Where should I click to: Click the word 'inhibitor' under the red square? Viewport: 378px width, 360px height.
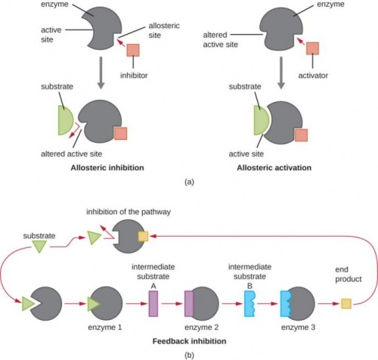coord(134,76)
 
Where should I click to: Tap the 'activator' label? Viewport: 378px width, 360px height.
coord(313,76)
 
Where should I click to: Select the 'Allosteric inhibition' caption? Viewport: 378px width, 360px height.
coord(107,168)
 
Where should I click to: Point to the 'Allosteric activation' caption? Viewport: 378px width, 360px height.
coord(274,168)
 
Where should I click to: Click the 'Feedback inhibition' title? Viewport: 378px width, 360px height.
coord(189,341)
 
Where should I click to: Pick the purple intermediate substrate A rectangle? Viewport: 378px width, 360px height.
coord(153,303)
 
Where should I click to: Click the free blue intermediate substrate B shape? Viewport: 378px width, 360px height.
coord(249,303)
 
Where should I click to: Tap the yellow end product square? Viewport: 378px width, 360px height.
coord(346,304)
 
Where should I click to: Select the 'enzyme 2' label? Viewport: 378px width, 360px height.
coord(201,327)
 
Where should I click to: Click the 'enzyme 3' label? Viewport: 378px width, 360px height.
coord(298,327)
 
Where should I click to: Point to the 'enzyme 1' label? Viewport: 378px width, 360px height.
coord(105,327)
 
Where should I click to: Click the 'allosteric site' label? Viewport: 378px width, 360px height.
coord(164,30)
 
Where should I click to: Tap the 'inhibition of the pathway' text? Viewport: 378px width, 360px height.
coord(129,212)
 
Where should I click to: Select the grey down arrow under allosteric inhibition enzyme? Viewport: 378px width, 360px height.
coord(101,73)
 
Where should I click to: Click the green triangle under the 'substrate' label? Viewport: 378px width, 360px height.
coord(39,246)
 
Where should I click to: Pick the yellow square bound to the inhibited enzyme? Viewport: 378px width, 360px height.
coord(143,237)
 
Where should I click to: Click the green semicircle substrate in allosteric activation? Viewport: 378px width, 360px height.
coord(261,120)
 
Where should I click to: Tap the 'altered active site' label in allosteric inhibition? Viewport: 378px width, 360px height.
coord(72,154)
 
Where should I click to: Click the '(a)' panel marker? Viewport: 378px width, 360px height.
coord(189,182)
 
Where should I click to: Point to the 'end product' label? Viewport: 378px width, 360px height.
coord(349,275)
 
